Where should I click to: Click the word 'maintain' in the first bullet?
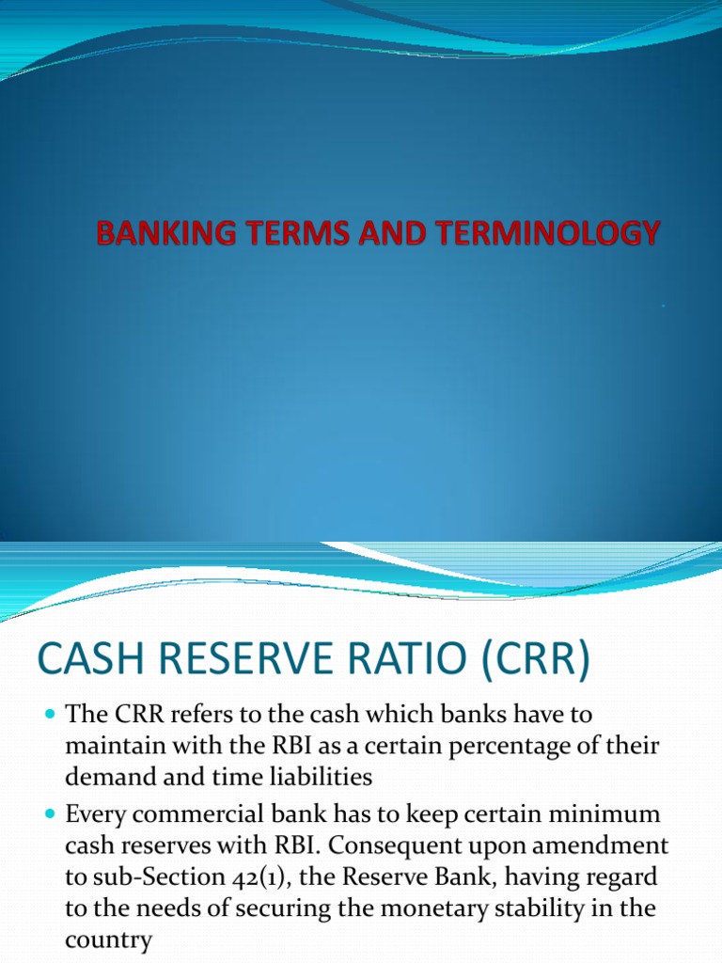click(111, 748)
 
